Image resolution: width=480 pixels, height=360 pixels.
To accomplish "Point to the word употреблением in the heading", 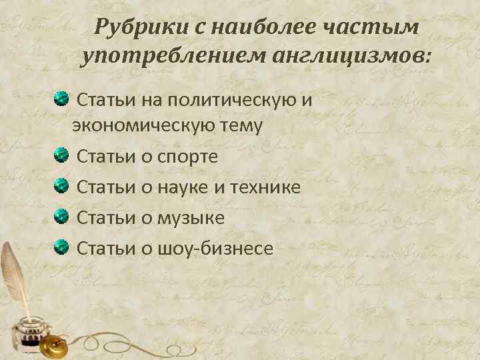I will pyautogui.click(x=173, y=57).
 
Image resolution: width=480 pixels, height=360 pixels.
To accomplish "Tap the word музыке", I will pyautogui.click(x=191, y=218).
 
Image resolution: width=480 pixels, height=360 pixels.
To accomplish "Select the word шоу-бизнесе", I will pyautogui.click(x=215, y=249).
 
